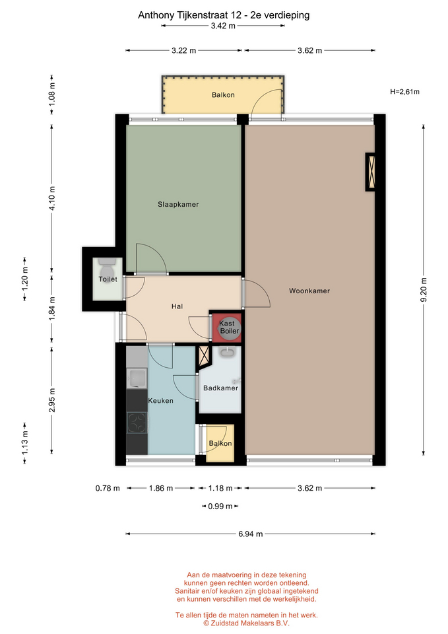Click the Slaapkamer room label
point(178,205)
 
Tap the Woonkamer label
point(309,291)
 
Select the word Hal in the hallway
point(177,306)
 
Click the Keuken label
point(161,401)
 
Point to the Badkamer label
point(220,388)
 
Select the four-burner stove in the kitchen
point(137,423)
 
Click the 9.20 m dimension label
point(424,290)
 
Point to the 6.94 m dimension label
point(251,534)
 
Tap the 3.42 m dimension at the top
point(223,26)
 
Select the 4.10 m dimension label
point(52,197)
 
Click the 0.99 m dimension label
point(220,507)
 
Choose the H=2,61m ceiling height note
point(404,92)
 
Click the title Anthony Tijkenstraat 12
point(189,15)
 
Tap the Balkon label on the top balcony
point(223,95)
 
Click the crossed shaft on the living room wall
point(370,172)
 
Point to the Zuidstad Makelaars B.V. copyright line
point(246,623)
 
